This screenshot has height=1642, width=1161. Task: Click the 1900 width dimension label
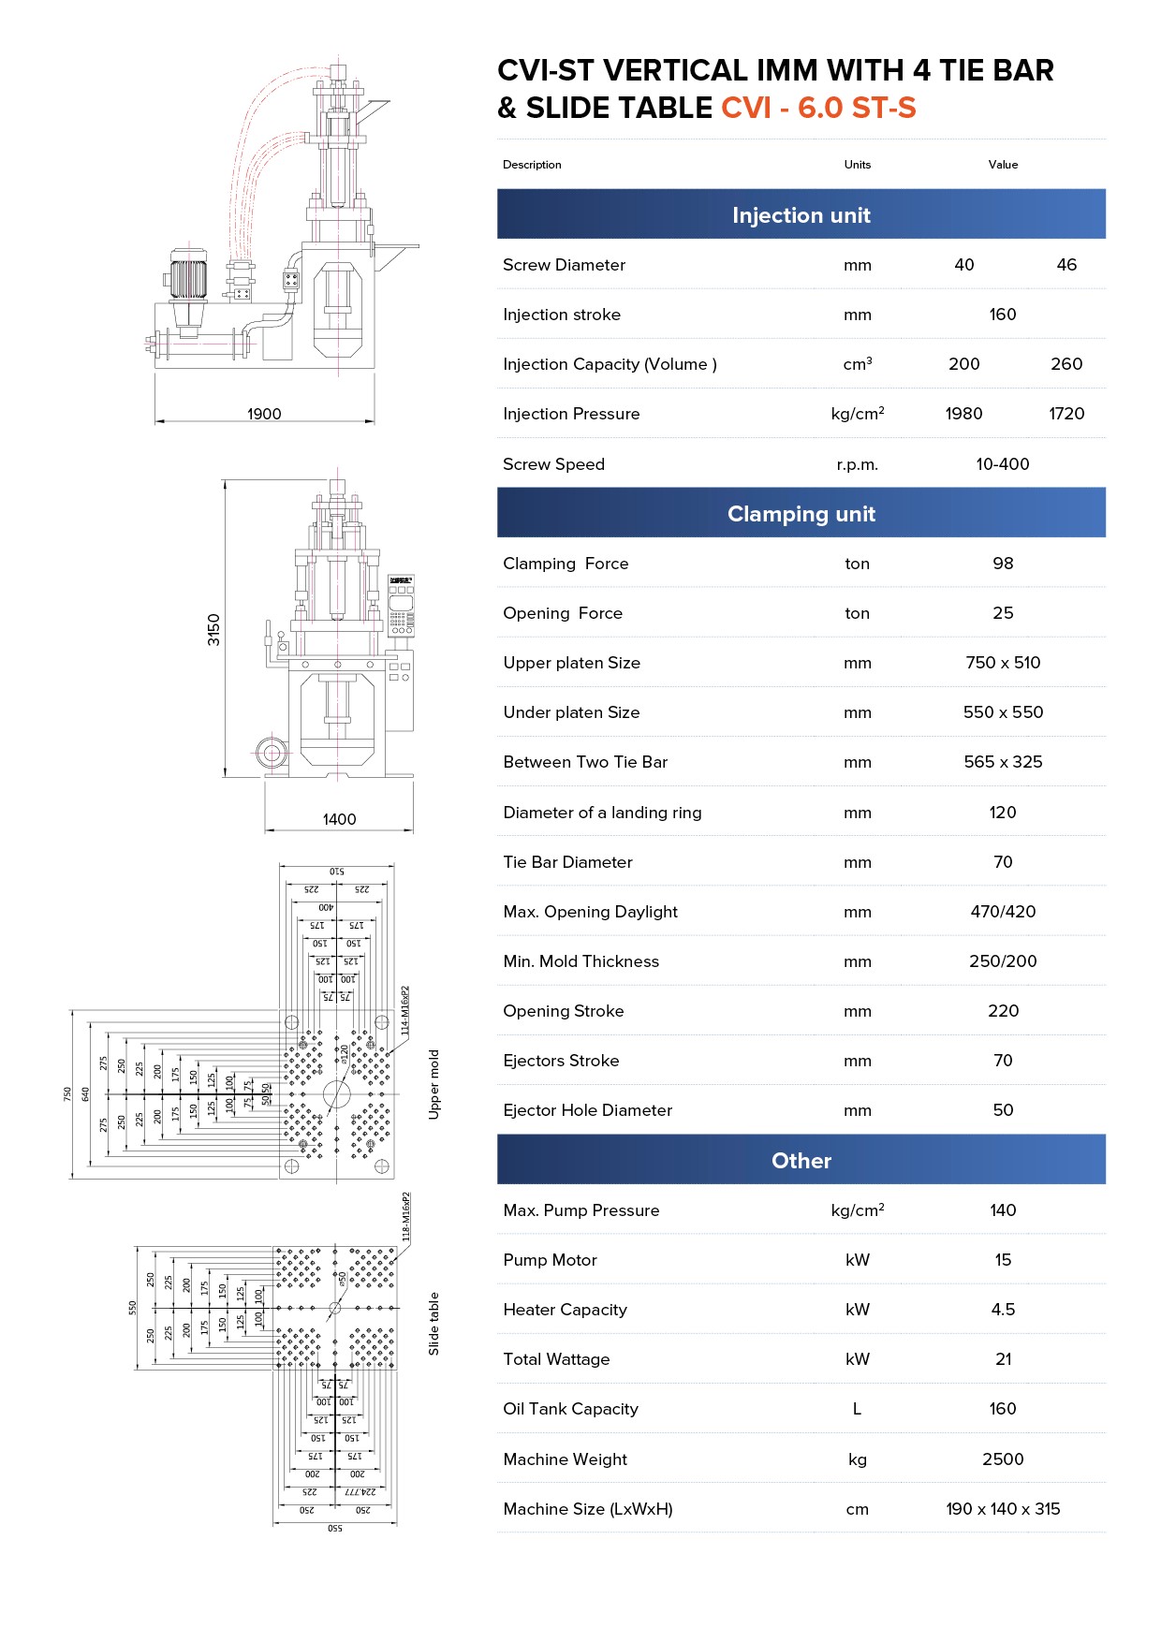click(x=264, y=414)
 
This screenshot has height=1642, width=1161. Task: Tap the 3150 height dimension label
click(x=214, y=629)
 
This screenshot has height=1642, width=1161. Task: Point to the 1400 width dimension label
click(x=339, y=819)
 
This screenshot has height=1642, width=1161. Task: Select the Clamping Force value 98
click(x=1003, y=564)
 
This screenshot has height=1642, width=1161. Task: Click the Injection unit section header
click(x=801, y=215)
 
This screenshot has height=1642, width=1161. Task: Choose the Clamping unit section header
click(x=801, y=514)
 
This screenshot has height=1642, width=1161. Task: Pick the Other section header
click(x=801, y=1161)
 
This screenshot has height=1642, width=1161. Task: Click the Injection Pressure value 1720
click(x=1066, y=414)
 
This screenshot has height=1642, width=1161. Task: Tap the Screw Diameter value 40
click(x=964, y=265)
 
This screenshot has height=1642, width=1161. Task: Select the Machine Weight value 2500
click(x=1003, y=1459)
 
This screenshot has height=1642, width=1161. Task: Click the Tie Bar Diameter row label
click(x=567, y=862)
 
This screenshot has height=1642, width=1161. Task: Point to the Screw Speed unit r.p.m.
click(x=857, y=464)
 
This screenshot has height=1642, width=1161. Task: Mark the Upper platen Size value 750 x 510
click(x=1003, y=663)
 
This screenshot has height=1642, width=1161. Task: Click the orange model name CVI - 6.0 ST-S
click(x=818, y=109)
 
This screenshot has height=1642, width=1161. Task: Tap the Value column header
click(x=1003, y=165)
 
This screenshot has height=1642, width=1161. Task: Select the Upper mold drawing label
click(x=434, y=1084)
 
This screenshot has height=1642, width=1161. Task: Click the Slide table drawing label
click(x=434, y=1324)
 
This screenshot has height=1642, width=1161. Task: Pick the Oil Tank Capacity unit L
click(x=857, y=1409)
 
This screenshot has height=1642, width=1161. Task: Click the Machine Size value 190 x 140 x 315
click(x=1003, y=1509)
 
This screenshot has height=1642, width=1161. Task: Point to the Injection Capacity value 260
click(x=1066, y=364)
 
